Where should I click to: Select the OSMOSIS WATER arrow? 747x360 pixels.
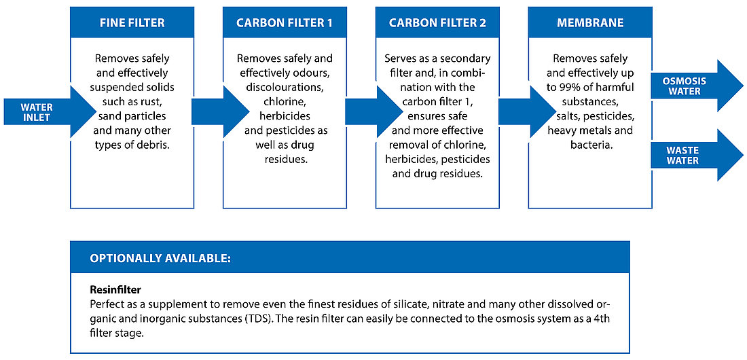tap(697, 86)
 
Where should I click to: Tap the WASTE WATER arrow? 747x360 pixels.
tap(697, 156)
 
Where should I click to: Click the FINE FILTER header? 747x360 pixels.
tap(132, 22)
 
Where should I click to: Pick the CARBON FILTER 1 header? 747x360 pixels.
tap(285, 22)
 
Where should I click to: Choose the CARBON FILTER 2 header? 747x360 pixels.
tap(437, 22)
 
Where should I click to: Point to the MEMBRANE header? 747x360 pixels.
tap(589, 22)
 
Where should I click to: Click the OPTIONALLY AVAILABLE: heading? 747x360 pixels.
tap(160, 258)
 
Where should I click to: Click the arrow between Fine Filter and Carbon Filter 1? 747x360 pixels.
tap(220, 112)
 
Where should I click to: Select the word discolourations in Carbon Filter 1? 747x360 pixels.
tap(285, 88)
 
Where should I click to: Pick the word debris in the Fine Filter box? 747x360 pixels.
tap(155, 145)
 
